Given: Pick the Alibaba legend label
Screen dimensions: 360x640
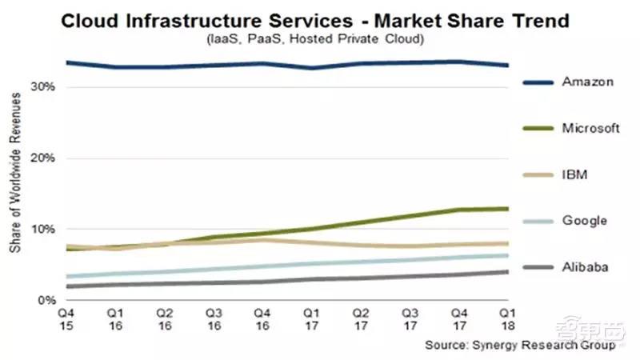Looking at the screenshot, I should [x=585, y=266].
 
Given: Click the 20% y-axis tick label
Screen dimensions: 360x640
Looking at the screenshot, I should [x=42, y=158].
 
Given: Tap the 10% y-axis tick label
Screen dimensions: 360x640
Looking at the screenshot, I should [x=42, y=229].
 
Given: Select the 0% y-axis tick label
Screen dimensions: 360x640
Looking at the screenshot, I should [x=45, y=300].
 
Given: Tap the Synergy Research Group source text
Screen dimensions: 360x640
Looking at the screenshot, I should [x=522, y=345].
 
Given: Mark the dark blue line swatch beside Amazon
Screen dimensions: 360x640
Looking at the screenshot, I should [x=541, y=82].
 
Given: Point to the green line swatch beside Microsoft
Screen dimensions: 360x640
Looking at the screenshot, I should [x=541, y=128].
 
